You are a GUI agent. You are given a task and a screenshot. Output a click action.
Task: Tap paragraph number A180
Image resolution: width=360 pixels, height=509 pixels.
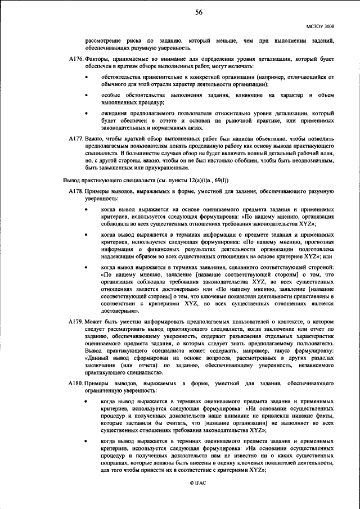pyautogui.click(x=75, y=383)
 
